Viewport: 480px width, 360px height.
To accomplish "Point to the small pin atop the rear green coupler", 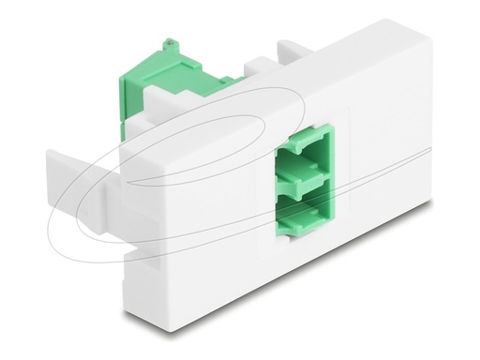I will point(170,43).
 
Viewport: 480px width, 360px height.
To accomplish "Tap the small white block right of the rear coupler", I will point(253,71).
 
